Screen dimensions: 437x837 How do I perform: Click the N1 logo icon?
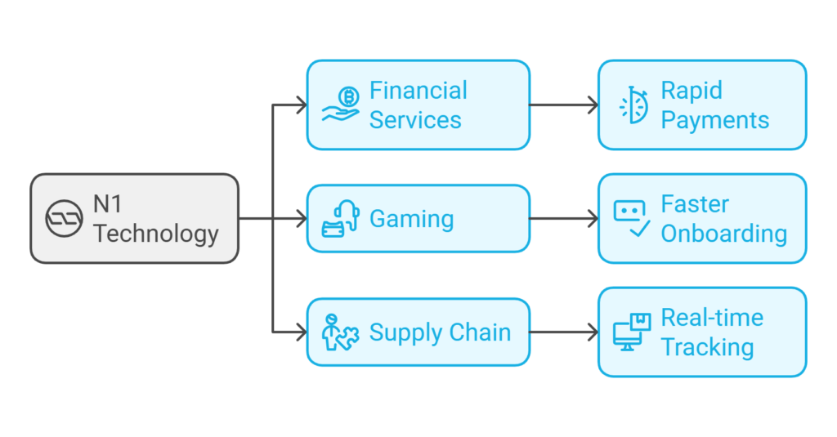[64, 219]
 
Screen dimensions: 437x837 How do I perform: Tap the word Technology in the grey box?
[155, 234]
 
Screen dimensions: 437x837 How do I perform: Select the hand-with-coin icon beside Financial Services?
[340, 105]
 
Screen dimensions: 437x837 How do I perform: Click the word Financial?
[418, 91]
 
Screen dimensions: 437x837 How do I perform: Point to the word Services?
[415, 120]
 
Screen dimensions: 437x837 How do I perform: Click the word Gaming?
[411, 219]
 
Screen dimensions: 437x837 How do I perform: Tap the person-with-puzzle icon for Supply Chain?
[340, 332]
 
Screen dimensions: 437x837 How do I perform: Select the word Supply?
[403, 333]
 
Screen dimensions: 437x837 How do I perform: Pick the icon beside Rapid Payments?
[632, 105]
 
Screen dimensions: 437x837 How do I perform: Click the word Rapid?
[692, 91]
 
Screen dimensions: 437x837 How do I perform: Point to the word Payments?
[715, 120]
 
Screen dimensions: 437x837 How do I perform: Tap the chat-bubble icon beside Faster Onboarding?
[631, 218]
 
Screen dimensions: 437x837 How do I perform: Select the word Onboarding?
[723, 234]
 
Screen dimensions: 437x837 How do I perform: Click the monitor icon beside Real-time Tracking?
[631, 332]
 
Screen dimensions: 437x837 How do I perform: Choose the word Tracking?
[707, 347]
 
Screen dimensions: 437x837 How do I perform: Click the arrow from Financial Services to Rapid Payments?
[564, 105]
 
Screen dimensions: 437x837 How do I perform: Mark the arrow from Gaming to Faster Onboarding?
[564, 219]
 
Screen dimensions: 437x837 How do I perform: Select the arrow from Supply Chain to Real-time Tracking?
[564, 332]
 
